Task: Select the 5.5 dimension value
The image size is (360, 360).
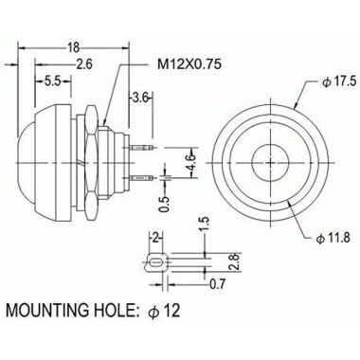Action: click(x=53, y=83)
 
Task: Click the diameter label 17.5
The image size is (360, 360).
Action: click(x=337, y=83)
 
